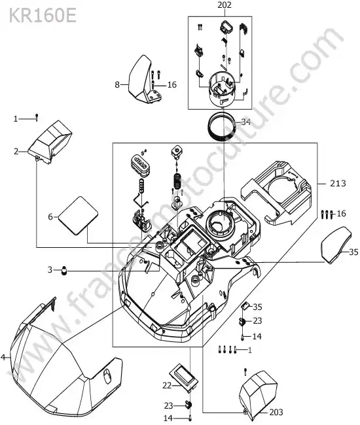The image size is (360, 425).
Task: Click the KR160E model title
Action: (x=43, y=16)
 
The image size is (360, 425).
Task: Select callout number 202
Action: (x=225, y=5)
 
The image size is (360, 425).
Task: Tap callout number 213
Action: (x=338, y=184)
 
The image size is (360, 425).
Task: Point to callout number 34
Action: (x=246, y=122)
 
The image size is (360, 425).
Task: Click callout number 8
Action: (x=117, y=85)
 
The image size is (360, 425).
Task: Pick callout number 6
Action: (x=50, y=217)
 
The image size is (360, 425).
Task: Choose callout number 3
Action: (x=50, y=269)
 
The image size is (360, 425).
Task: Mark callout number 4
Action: (x=3, y=358)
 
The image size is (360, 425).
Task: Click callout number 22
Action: (x=167, y=385)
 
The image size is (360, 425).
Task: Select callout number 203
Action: (x=276, y=413)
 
